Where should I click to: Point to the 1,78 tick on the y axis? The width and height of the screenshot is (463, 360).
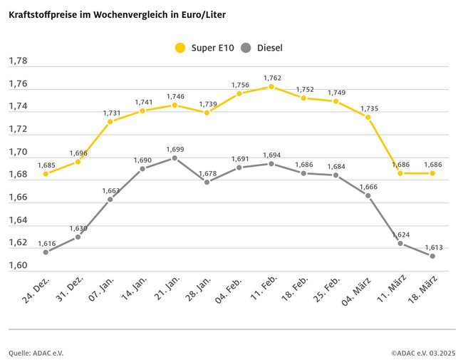[x=18, y=61]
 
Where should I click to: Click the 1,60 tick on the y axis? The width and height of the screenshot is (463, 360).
[x=18, y=266]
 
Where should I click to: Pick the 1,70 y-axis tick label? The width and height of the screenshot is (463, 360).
[x=18, y=152]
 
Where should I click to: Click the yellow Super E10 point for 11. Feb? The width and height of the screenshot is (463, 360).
[x=271, y=87]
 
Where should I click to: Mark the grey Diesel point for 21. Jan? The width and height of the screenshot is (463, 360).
[x=175, y=158]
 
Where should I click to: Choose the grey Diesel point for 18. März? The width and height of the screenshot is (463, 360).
[x=432, y=256]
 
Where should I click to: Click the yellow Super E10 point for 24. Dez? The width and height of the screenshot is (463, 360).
[x=46, y=173]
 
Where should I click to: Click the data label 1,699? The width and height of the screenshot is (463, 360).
[x=175, y=148]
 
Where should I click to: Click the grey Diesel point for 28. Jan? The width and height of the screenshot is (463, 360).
[x=207, y=182]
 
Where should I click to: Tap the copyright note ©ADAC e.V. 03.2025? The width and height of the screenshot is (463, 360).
[x=422, y=352]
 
